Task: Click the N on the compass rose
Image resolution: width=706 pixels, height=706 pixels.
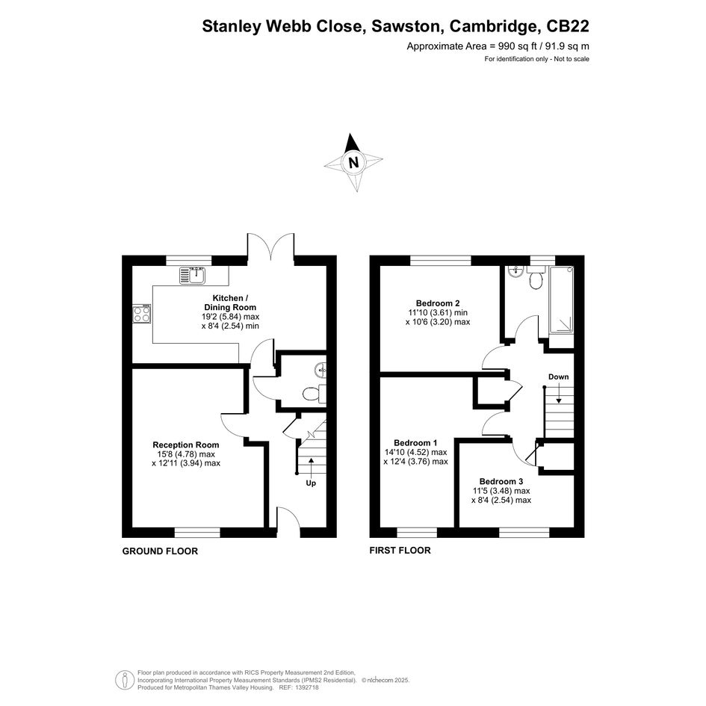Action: (x=354, y=162)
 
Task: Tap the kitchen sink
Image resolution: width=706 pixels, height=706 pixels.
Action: (x=193, y=275)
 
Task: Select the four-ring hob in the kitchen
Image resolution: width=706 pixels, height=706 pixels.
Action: (x=142, y=313)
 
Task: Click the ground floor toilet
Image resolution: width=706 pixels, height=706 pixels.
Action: (x=312, y=394)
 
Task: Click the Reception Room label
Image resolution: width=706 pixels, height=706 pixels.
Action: (x=186, y=445)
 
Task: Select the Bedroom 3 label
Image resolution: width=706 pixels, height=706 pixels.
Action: (x=501, y=481)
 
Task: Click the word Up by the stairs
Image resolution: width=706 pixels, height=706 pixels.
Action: (x=311, y=483)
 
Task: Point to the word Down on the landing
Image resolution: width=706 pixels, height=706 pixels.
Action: (x=558, y=377)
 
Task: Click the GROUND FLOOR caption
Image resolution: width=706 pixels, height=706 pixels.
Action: (x=160, y=551)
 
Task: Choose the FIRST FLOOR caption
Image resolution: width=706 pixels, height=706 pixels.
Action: (x=400, y=550)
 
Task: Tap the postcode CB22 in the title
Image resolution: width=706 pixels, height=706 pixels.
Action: (x=567, y=26)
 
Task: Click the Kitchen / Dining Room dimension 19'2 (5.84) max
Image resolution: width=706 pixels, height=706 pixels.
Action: (x=231, y=317)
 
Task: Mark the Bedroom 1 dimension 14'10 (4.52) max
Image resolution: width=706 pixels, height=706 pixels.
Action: (x=415, y=452)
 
